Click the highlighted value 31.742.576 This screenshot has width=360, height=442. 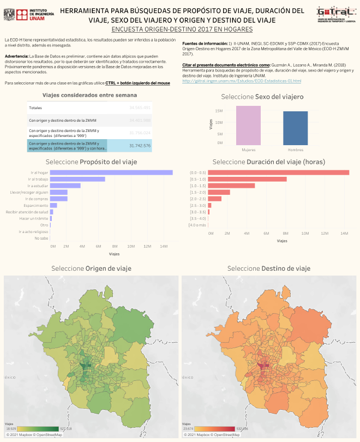(140, 146)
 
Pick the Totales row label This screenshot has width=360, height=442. (35, 107)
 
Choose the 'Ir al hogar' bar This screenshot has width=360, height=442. (111, 172)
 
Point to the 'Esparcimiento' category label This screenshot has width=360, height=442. (36, 205)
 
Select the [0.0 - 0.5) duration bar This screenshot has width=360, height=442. (278, 172)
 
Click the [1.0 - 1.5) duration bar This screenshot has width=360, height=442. (231, 186)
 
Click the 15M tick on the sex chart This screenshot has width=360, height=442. (218, 111)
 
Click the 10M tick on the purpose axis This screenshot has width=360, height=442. (131, 246)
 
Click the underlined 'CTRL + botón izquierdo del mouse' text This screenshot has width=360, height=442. (137, 83)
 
